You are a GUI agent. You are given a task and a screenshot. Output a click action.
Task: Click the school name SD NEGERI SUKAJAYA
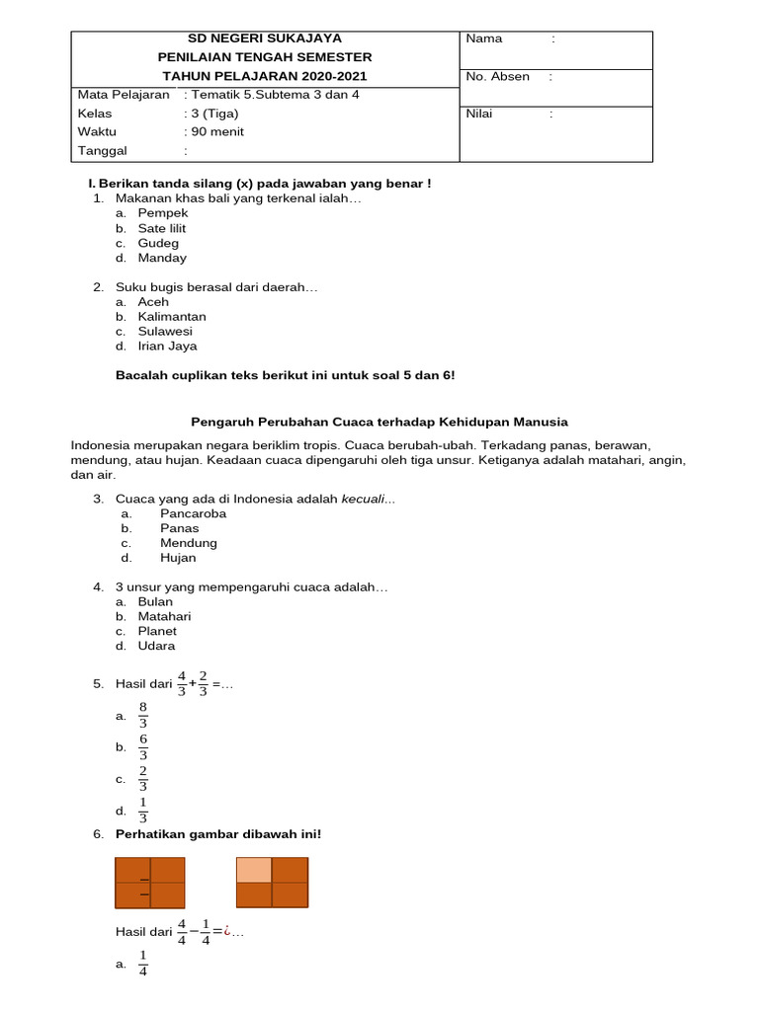pyautogui.click(x=265, y=39)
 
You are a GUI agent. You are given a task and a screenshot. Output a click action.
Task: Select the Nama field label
pyautogui.click(x=484, y=39)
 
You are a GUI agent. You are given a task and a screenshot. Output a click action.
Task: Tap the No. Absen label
pyautogui.click(x=497, y=76)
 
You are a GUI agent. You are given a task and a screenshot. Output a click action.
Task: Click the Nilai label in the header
pyautogui.click(x=479, y=114)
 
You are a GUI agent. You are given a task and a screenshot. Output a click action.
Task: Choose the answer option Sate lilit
pyautogui.click(x=161, y=228)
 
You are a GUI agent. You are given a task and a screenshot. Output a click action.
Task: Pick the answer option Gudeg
pyautogui.click(x=158, y=243)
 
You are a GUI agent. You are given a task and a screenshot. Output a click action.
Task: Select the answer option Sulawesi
pyautogui.click(x=165, y=332)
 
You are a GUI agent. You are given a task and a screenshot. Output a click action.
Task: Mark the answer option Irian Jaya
pyautogui.click(x=167, y=347)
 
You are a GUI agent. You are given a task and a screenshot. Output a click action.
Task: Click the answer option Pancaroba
pyautogui.click(x=193, y=513)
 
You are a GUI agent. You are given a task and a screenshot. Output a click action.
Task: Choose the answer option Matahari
pyautogui.click(x=164, y=616)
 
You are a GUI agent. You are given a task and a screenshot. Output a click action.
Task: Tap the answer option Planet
pyautogui.click(x=157, y=631)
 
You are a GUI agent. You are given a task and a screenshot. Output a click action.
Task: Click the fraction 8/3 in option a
pyautogui.click(x=143, y=715)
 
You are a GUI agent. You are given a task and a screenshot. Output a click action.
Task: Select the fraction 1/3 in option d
pyautogui.click(x=143, y=810)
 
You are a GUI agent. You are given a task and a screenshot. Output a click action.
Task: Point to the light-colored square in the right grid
pyautogui.click(x=254, y=870)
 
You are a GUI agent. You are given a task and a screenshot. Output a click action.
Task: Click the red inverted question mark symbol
pyautogui.click(x=226, y=929)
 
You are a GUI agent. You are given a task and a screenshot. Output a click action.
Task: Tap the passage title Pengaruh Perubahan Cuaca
pyautogui.click(x=379, y=422)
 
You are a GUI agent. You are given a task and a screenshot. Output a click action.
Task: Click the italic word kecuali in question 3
pyautogui.click(x=363, y=499)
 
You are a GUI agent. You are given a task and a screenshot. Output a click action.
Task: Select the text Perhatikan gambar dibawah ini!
pyautogui.click(x=217, y=834)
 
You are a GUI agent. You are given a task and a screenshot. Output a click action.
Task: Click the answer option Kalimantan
pyautogui.click(x=172, y=317)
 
